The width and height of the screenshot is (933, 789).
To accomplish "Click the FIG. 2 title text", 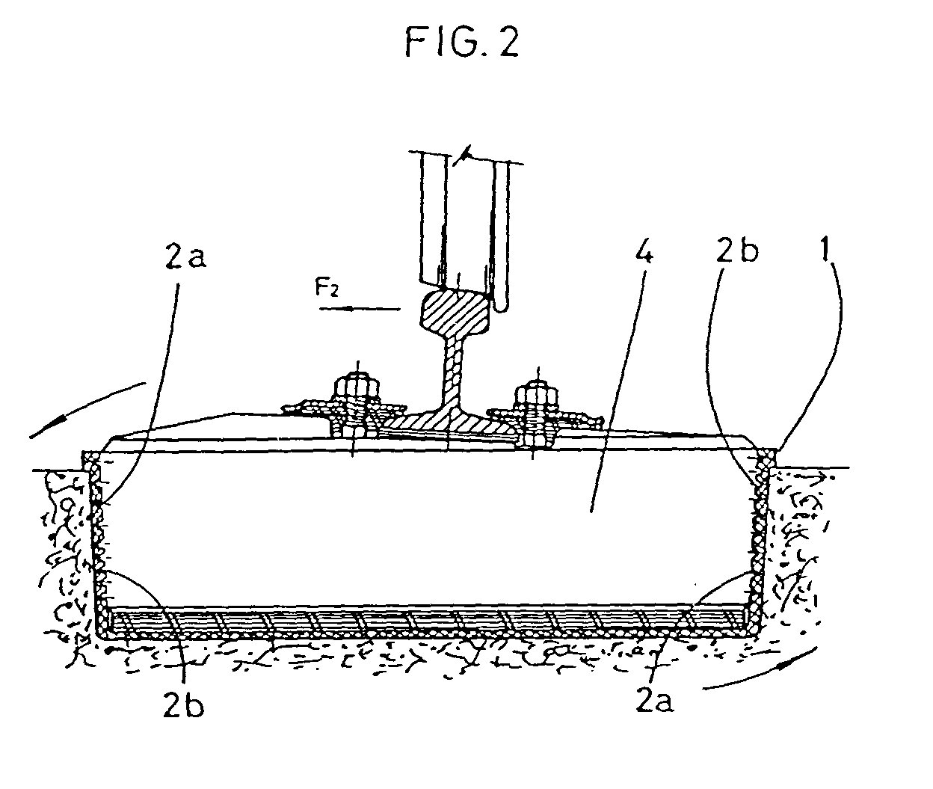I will point(462,43).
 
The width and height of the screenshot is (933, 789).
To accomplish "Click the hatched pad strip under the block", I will point(426,620).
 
